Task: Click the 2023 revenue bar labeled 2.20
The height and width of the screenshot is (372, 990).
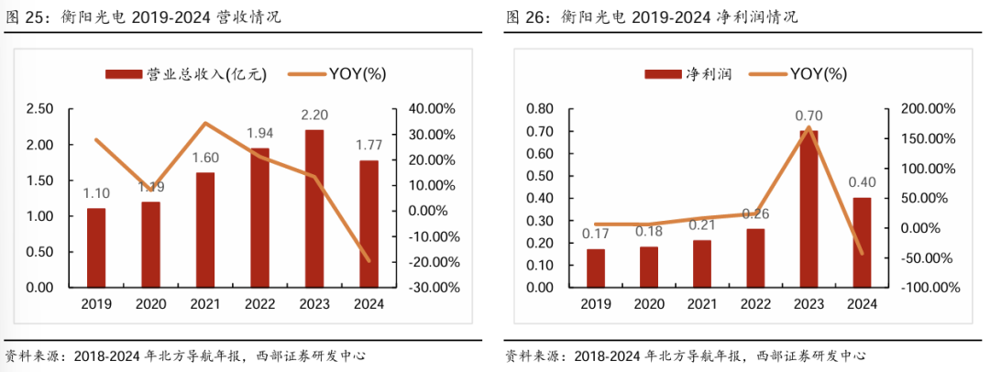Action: pyautogui.click(x=314, y=208)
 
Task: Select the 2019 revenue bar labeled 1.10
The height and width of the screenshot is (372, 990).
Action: pyautogui.click(x=96, y=247)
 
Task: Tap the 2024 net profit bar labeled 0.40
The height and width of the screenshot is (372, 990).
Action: pyautogui.click(x=862, y=242)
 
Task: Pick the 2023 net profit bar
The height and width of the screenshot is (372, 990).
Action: pyautogui.click(x=808, y=208)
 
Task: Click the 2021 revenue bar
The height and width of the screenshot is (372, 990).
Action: pyautogui.click(x=205, y=229)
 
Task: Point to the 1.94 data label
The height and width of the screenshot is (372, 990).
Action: pyautogui.click(x=260, y=134)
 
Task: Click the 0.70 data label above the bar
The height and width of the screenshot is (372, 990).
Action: pyautogui.click(x=809, y=115)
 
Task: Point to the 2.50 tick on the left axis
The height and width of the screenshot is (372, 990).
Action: pyautogui.click(x=40, y=109)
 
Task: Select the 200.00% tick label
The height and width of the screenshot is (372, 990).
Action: pyautogui.click(x=929, y=109)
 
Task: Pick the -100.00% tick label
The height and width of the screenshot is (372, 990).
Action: pyautogui.click(x=928, y=288)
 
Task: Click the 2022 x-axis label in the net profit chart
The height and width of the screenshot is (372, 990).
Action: pyautogui.click(x=755, y=305)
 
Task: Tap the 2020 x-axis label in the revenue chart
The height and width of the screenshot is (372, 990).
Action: pyautogui.click(x=150, y=305)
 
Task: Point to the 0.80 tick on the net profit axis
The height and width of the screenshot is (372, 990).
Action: pyautogui.click(x=541, y=109)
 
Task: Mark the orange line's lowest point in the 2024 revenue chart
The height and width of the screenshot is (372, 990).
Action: pyautogui.click(x=369, y=260)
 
